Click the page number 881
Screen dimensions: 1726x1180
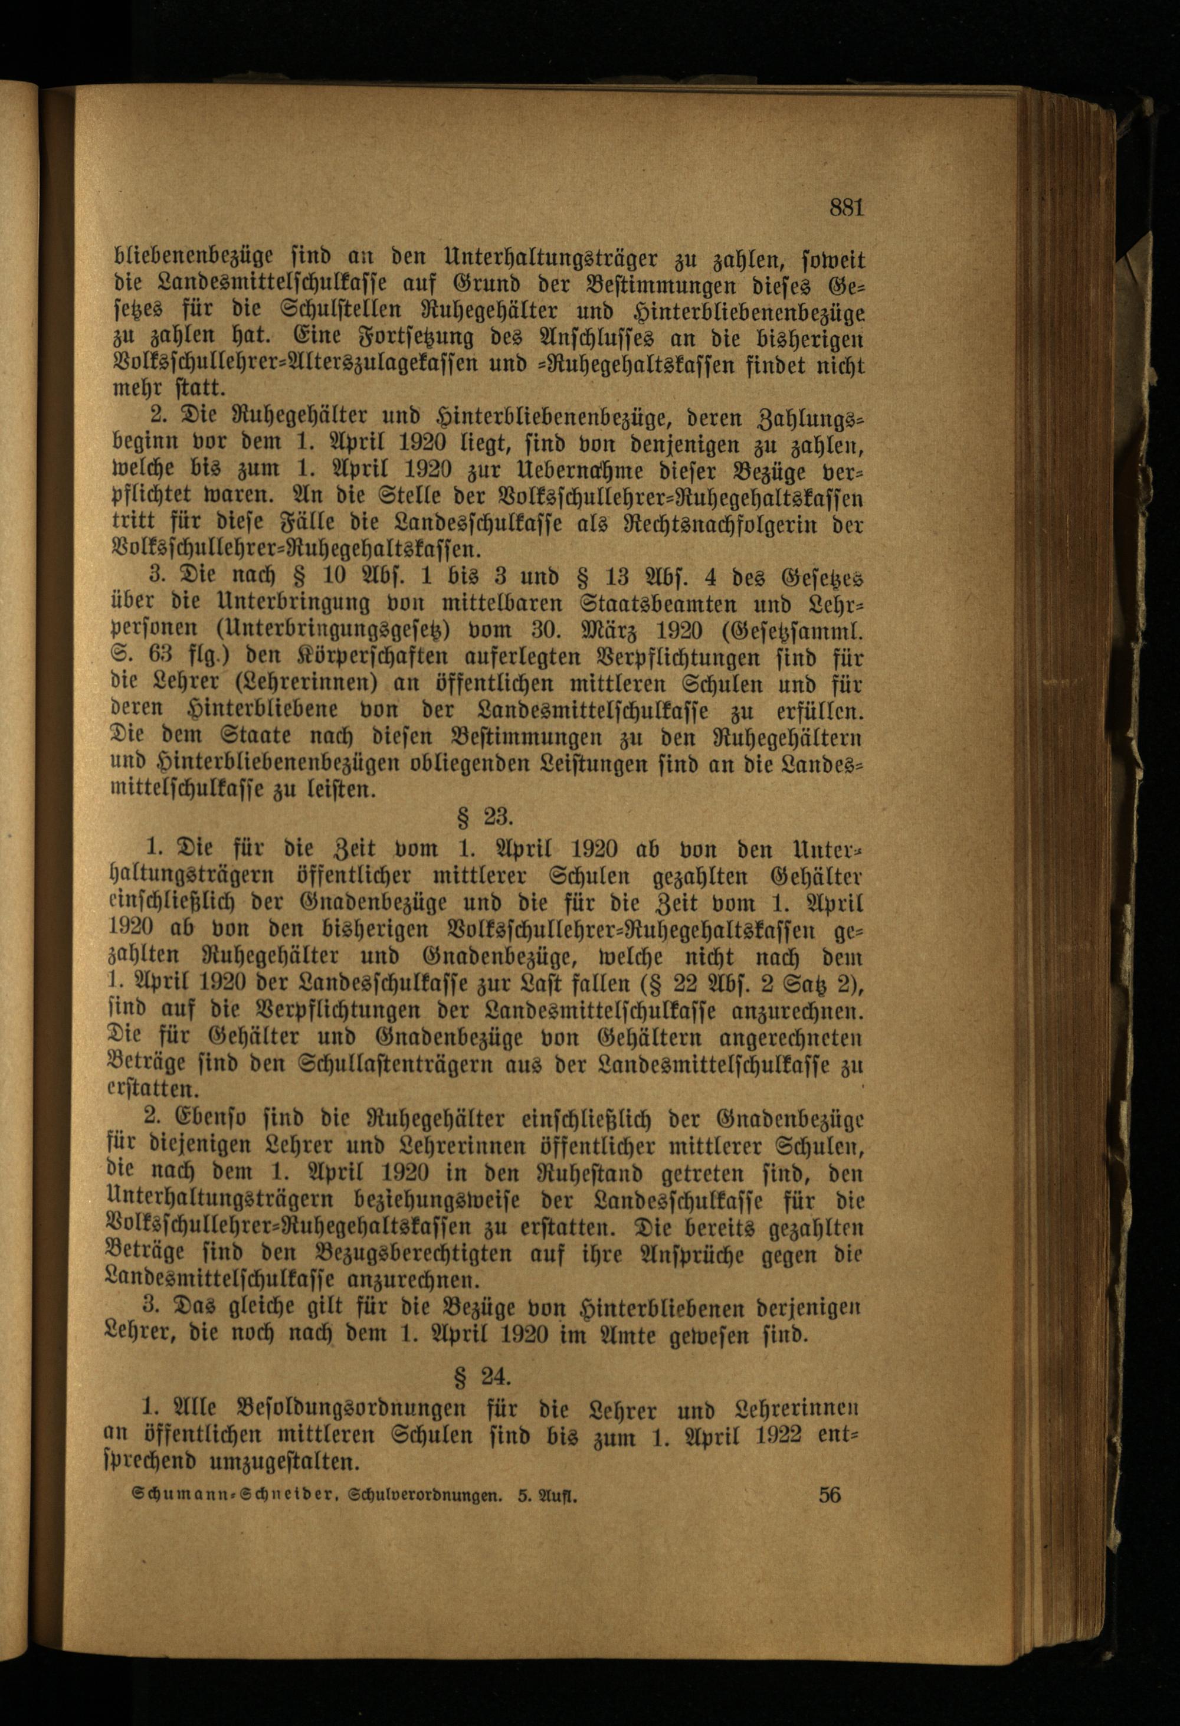click(x=847, y=207)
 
